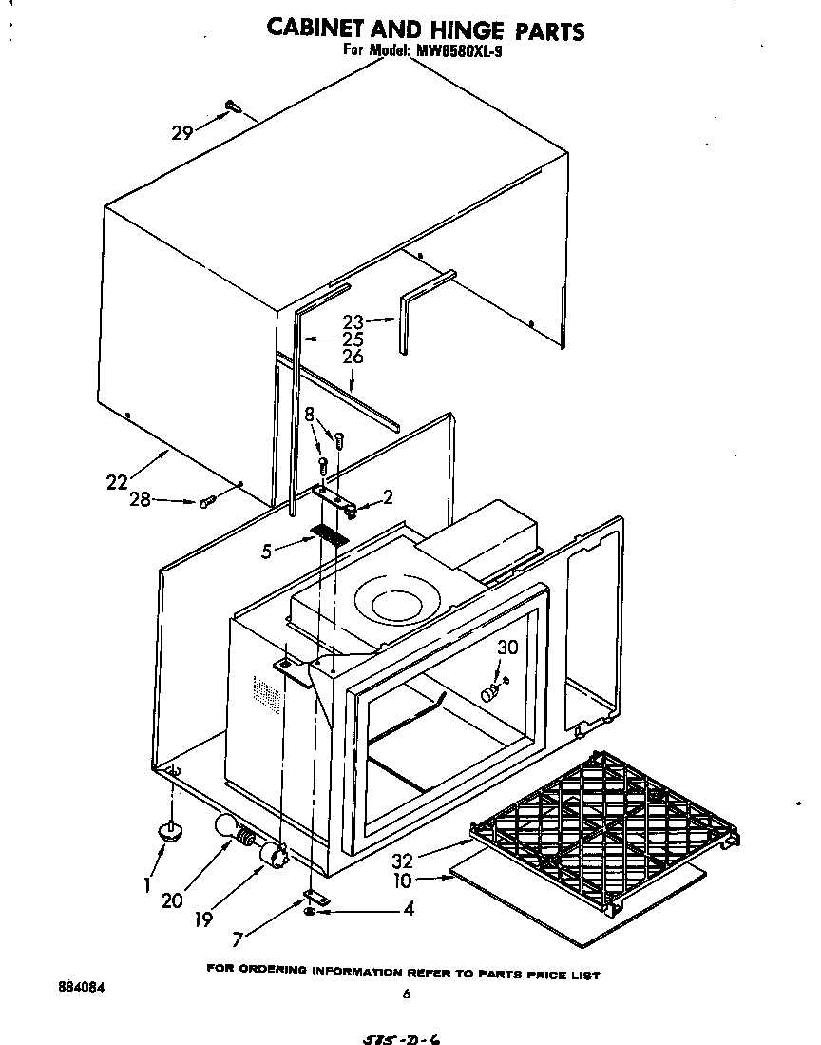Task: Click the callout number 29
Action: point(182,134)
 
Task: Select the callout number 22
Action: point(118,482)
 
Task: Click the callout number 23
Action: point(353,321)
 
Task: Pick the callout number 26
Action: point(353,358)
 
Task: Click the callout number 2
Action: point(388,496)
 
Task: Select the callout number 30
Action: point(508,648)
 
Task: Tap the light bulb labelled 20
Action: point(229,827)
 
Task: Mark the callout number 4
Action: point(409,909)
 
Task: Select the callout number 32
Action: point(404,862)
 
